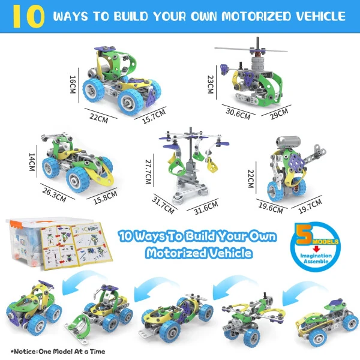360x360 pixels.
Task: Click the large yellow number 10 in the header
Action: pos(28,16)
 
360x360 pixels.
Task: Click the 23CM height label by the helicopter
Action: pos(211,84)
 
